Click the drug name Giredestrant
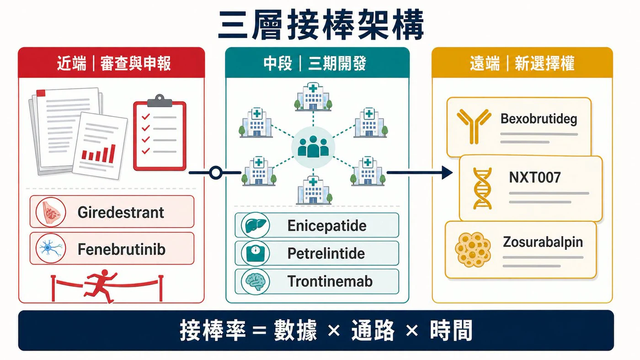[x=121, y=213]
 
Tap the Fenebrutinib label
[x=122, y=249]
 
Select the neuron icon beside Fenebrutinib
[x=51, y=248]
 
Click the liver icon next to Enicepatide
[x=255, y=226]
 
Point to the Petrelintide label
[x=326, y=253]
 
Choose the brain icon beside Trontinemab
[x=256, y=281]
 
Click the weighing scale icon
[x=255, y=253]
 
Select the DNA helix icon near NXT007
[x=482, y=188]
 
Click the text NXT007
[x=534, y=177]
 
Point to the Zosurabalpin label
[x=543, y=242]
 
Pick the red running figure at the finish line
[x=101, y=286]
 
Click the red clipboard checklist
[x=160, y=133]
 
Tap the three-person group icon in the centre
[x=313, y=147]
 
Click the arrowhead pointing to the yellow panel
[x=447, y=173]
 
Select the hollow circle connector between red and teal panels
[x=215, y=173]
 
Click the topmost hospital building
[x=313, y=96]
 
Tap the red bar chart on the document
[x=99, y=154]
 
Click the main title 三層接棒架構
[x=320, y=25]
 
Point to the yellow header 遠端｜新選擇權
[x=522, y=63]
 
